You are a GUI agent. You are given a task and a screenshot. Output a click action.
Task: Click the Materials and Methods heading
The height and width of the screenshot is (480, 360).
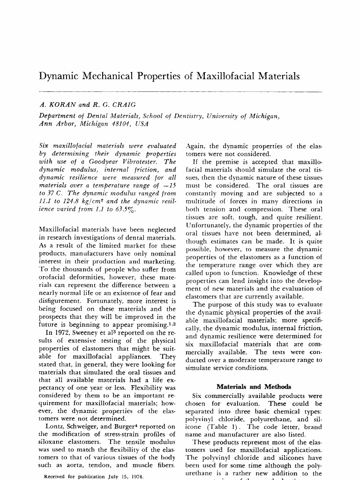[254, 387]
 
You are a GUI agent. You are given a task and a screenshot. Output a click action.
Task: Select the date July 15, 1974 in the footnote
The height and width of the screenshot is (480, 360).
[113, 477]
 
